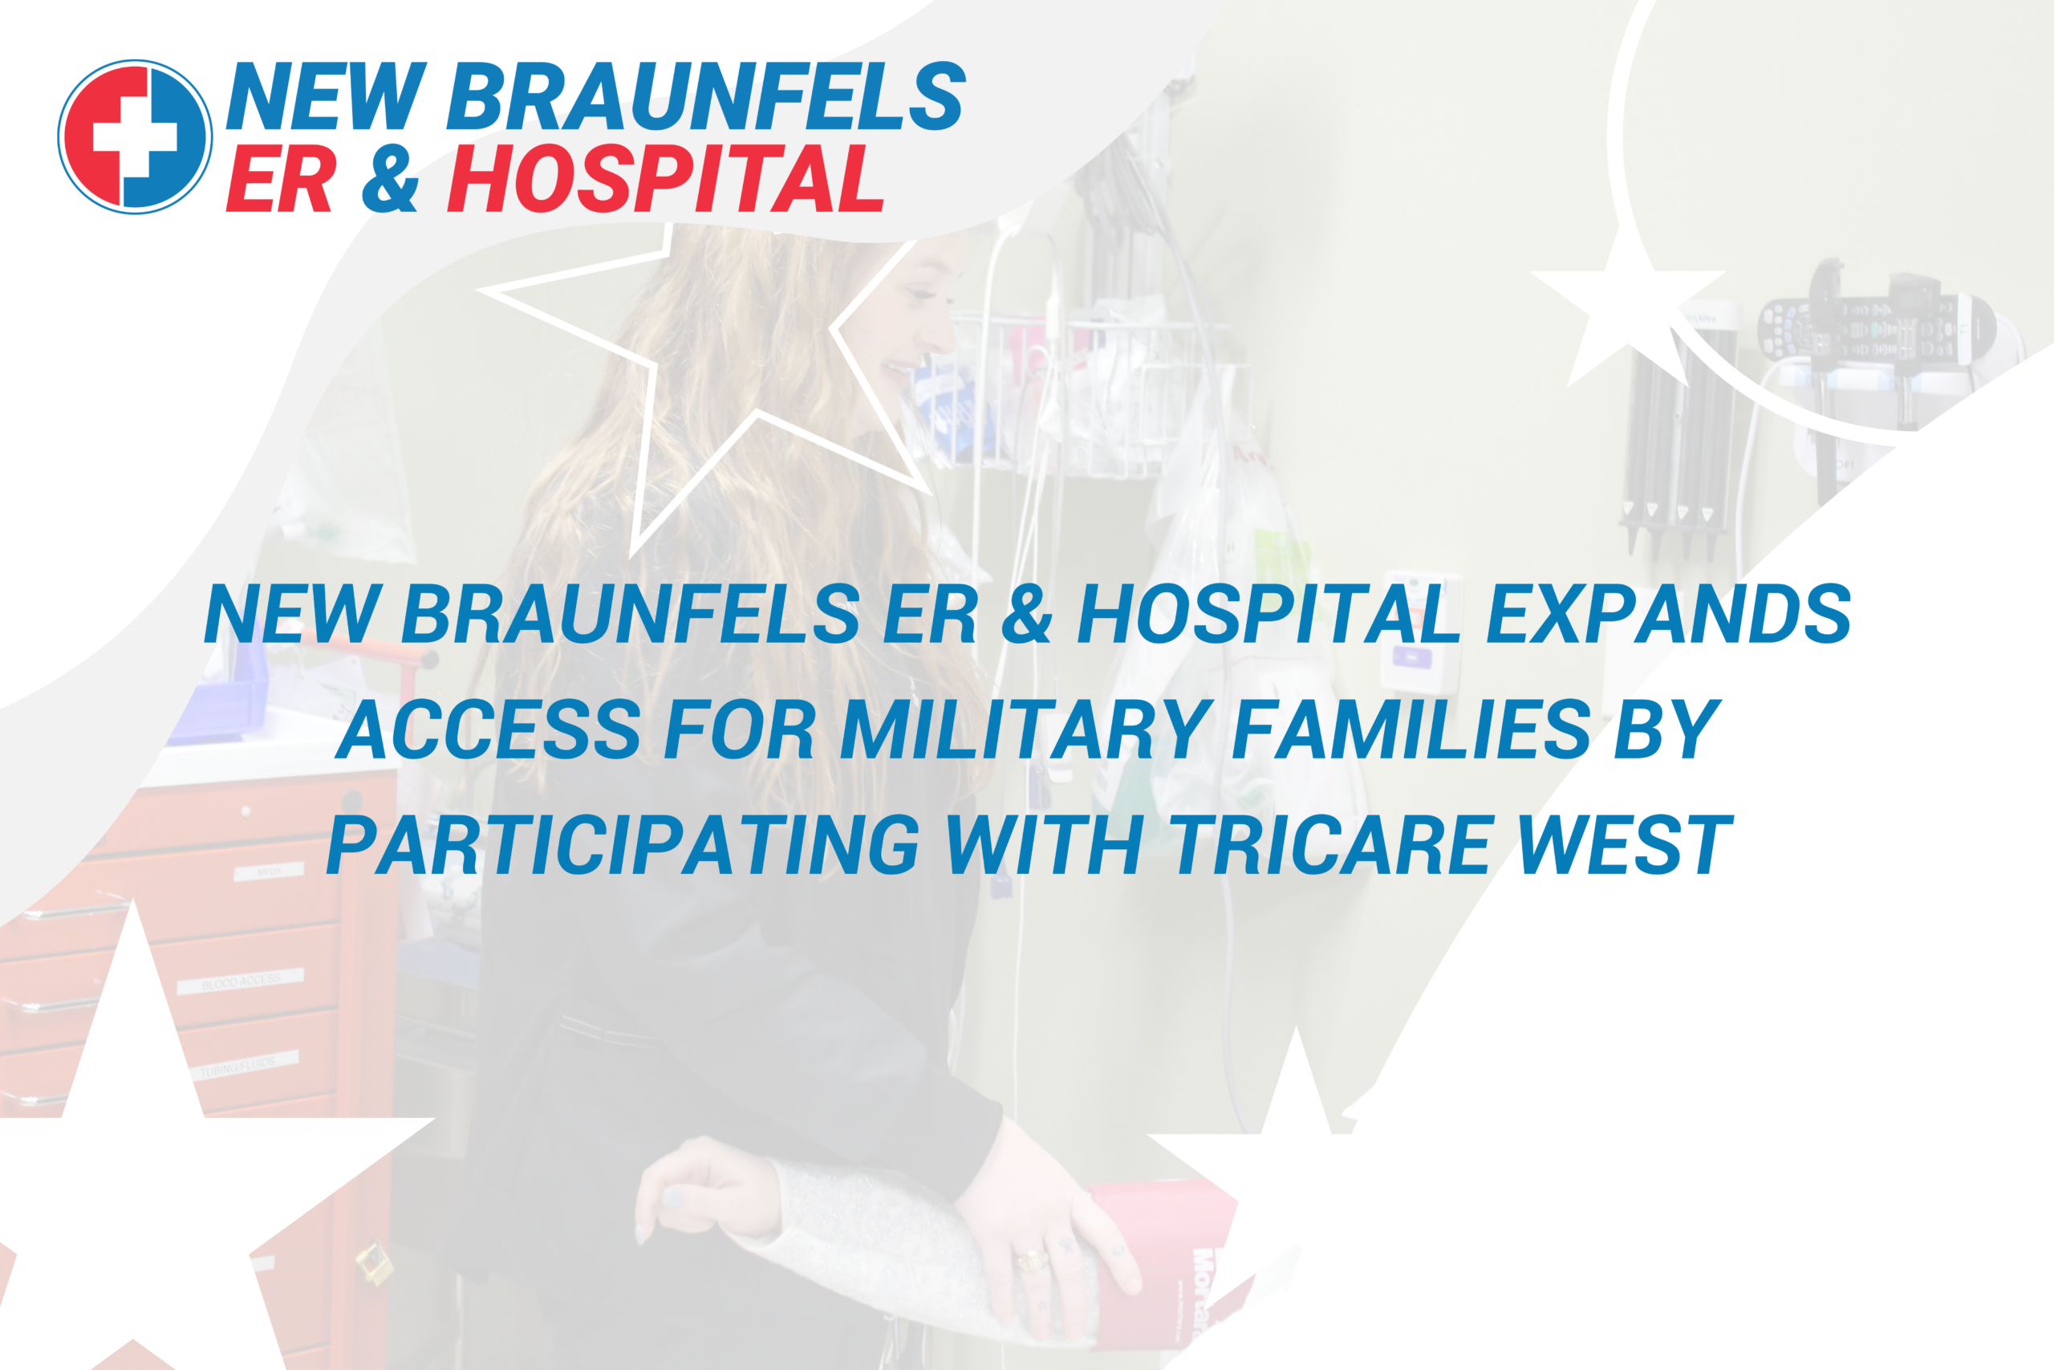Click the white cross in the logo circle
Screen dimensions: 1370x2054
135,137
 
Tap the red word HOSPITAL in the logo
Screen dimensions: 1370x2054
665,179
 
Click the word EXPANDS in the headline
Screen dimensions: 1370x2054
1668,614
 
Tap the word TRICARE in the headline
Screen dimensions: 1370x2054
1330,845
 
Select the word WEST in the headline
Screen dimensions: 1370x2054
1624,845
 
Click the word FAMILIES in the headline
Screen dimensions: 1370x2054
1411,730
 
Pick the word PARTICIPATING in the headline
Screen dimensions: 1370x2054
623,845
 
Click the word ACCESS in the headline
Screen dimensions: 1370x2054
489,730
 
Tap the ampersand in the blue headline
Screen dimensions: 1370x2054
1026,614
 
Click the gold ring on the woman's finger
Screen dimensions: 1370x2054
1031,1261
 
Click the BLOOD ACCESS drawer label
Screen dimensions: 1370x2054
240,982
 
